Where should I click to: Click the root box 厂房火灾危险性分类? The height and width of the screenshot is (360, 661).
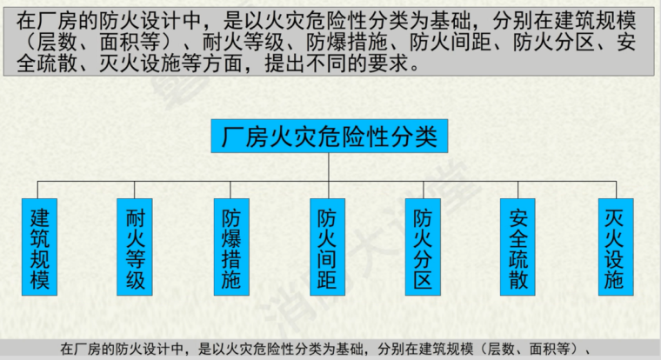tap(329, 137)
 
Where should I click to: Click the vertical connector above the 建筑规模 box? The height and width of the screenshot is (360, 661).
tap(39, 190)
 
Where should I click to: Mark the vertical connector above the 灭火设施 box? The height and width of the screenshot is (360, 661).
tap(615, 190)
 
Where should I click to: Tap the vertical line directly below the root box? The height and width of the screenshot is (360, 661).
tap(329, 168)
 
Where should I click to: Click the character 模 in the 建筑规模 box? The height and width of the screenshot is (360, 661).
tap(39, 280)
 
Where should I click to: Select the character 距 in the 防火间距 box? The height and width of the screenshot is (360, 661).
tap(327, 280)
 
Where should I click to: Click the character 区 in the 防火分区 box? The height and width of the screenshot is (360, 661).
tap(424, 280)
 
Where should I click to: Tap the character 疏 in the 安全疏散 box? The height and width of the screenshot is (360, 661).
tap(519, 259)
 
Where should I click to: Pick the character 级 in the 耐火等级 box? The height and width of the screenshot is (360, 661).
tap(137, 280)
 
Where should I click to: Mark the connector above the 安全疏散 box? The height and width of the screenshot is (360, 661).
tap(519, 190)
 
